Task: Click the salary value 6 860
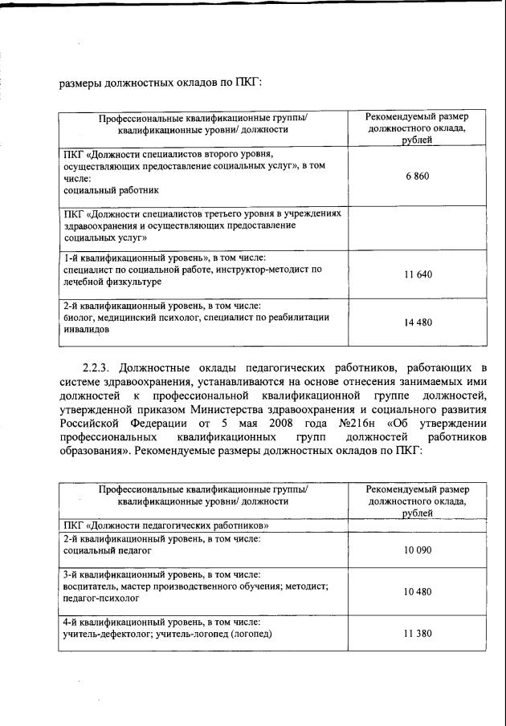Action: pos(417,176)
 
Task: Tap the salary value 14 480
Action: pos(417,322)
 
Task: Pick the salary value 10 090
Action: pos(417,552)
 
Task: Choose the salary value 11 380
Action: pos(417,634)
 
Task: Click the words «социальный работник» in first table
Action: pos(112,191)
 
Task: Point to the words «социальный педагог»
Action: pos(107,551)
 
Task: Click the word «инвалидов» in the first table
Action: pos(84,329)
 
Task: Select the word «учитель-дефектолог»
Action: pos(105,634)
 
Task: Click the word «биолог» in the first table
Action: pos(76,317)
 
